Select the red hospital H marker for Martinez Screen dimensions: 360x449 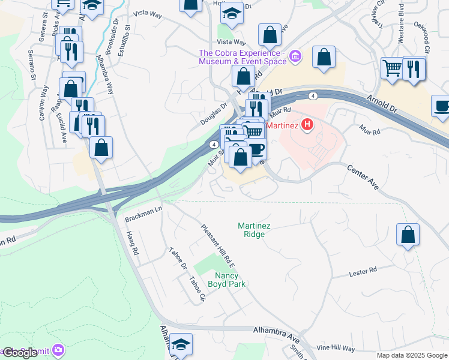coord(307,125)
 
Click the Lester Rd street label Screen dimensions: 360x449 coord(363,273)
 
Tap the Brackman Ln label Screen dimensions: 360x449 coord(144,215)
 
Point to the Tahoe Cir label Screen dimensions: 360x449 coord(197,289)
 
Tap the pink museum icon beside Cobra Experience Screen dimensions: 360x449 coord(295,58)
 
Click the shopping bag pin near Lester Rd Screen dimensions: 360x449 coord(408,235)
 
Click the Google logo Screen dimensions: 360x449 coord(20,353)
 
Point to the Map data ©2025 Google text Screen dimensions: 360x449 coord(411,355)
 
